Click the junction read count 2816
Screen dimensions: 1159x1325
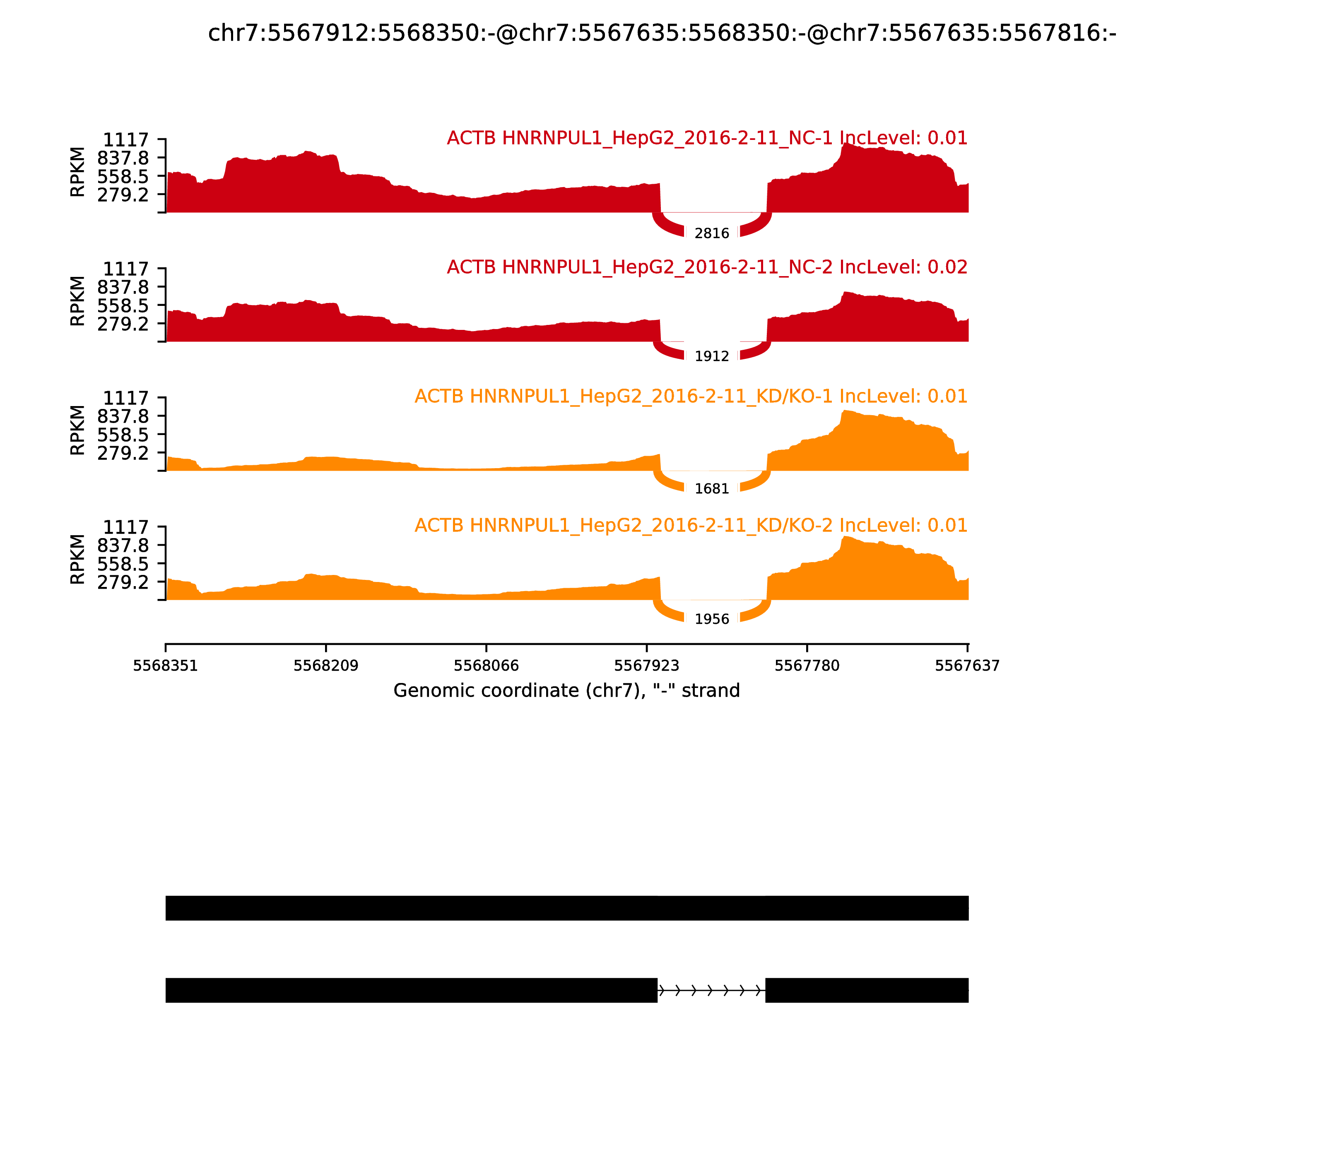pyautogui.click(x=712, y=233)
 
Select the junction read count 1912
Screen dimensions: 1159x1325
pyautogui.click(x=712, y=356)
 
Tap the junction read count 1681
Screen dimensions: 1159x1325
pyautogui.click(x=712, y=489)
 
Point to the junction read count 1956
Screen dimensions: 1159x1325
pyautogui.click(x=712, y=620)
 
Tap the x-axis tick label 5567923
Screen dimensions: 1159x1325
pyautogui.click(x=646, y=666)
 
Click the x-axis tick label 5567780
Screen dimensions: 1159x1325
pyautogui.click(x=807, y=666)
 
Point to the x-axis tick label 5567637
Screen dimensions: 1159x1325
pyautogui.click(x=967, y=666)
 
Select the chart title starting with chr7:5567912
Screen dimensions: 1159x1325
pyautogui.click(x=662, y=33)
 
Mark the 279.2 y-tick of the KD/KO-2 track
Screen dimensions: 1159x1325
pyautogui.click(x=123, y=582)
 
